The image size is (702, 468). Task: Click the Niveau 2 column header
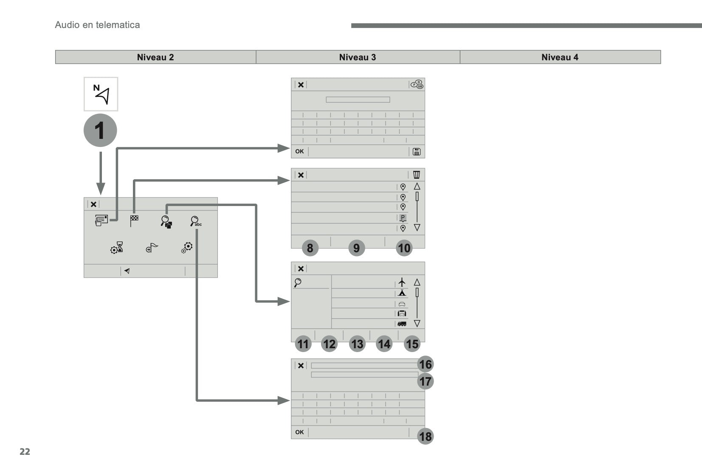click(x=155, y=57)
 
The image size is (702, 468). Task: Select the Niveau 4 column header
click(x=560, y=57)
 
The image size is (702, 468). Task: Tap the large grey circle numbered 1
click(x=100, y=130)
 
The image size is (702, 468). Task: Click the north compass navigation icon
click(x=101, y=94)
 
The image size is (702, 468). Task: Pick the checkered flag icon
click(x=134, y=220)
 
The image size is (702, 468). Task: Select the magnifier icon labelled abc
click(x=196, y=221)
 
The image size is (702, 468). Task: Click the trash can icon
click(x=417, y=175)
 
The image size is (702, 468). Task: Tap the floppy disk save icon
click(x=417, y=152)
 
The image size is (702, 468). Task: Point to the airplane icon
click(x=402, y=282)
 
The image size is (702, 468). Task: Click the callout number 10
click(x=404, y=248)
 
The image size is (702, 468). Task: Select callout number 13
click(x=357, y=344)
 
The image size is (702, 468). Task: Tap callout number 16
click(x=425, y=364)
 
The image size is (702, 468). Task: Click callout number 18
click(x=425, y=436)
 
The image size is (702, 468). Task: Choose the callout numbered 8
click(x=310, y=248)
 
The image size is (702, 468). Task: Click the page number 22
click(x=25, y=451)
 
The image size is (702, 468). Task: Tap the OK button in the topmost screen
click(x=299, y=152)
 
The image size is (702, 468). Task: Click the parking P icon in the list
click(x=403, y=218)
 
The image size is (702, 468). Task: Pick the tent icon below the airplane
click(x=402, y=293)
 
